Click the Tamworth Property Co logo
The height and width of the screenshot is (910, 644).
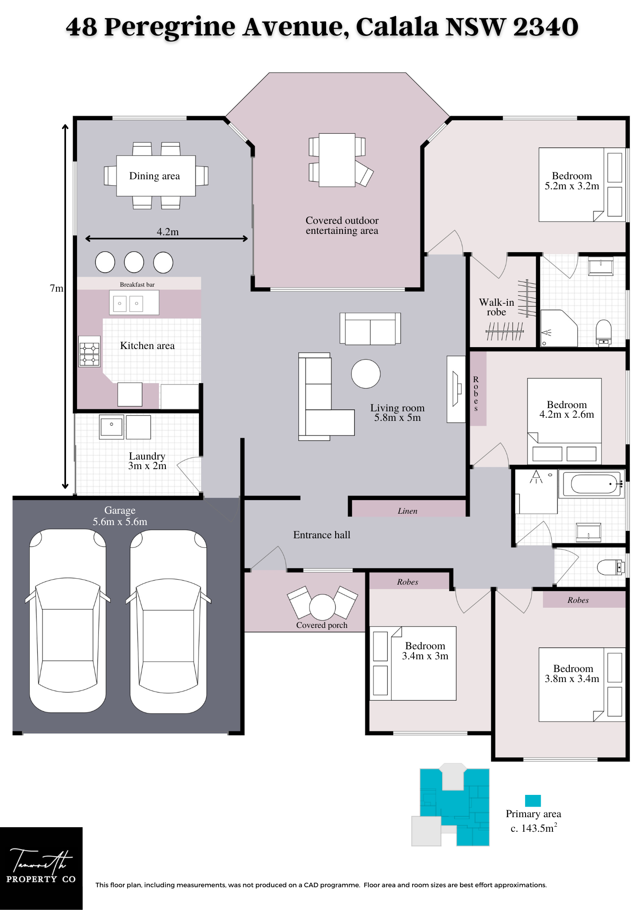[x=41, y=868]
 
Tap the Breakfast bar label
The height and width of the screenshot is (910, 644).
[x=137, y=284]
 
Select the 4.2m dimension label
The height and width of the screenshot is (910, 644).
[x=168, y=232]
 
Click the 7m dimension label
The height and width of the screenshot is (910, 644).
[x=56, y=288]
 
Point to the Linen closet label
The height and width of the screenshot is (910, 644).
[x=407, y=511]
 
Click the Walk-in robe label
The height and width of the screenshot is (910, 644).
[x=496, y=307]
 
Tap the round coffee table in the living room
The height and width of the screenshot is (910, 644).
[x=366, y=374]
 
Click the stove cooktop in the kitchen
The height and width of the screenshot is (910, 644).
[x=89, y=351]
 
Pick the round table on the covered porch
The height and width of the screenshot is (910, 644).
[x=322, y=607]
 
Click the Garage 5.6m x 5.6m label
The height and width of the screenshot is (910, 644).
[x=120, y=516]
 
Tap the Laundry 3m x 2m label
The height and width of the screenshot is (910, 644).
[x=147, y=460]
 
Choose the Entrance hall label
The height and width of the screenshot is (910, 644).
[x=322, y=535]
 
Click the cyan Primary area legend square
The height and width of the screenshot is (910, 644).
[x=533, y=800]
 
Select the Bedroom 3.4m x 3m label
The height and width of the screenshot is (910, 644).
[x=425, y=651]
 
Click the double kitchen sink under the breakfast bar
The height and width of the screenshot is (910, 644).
[x=134, y=303]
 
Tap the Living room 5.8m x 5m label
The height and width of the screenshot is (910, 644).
[x=397, y=413]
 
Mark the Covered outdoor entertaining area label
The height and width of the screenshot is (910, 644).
[x=342, y=225]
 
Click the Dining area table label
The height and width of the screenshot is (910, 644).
[x=154, y=176]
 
